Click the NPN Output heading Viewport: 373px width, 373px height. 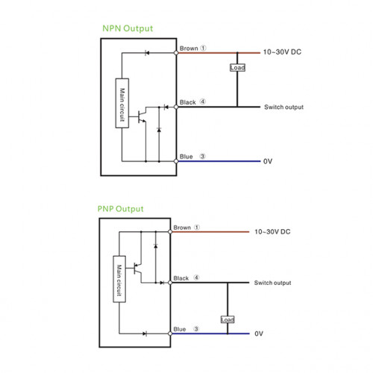click(x=128, y=28)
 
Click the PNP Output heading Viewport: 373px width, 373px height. click(x=120, y=209)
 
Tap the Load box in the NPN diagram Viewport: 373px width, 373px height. click(x=237, y=68)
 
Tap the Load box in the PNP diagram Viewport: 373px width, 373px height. click(x=228, y=319)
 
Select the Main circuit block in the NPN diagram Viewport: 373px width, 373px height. click(x=122, y=103)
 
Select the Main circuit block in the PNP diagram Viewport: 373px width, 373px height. click(x=119, y=279)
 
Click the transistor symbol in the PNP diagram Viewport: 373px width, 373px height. click(x=137, y=269)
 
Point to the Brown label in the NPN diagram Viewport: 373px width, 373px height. click(x=189, y=48)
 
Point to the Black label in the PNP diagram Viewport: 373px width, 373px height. click(x=181, y=278)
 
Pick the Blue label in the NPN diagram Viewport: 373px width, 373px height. click(x=186, y=157)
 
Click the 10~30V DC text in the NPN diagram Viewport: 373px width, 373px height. click(x=282, y=52)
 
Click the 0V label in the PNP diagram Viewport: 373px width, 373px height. click(x=259, y=333)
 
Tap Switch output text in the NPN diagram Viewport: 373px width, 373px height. click(x=283, y=107)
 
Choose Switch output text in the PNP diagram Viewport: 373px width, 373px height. click(x=272, y=283)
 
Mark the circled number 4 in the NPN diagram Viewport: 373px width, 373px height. click(x=203, y=101)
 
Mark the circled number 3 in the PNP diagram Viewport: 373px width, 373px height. click(x=196, y=329)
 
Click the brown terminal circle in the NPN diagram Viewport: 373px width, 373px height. click(x=176, y=53)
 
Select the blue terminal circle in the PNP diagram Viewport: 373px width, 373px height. click(x=170, y=333)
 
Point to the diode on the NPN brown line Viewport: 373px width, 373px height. click(x=147, y=53)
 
